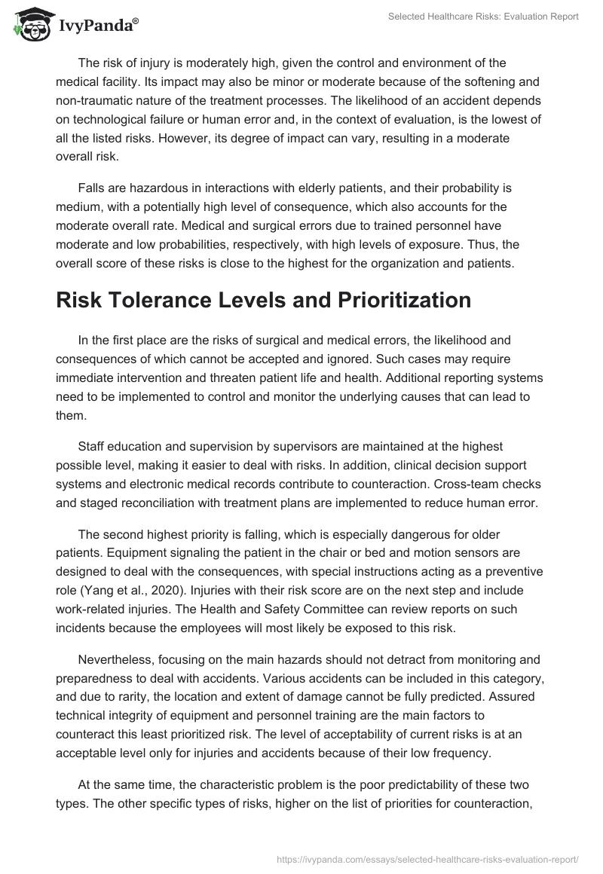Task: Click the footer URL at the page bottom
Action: pos(429,857)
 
